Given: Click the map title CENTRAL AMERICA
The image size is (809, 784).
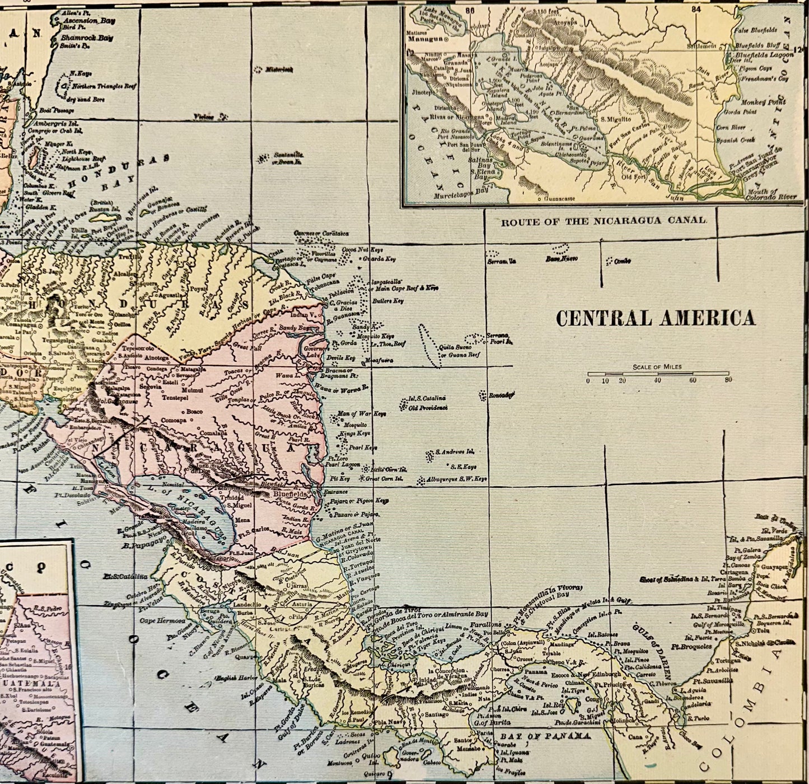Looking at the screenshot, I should pos(655,318).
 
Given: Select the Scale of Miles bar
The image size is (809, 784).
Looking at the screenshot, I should pos(658,373).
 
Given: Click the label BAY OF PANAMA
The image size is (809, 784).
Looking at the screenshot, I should pos(545,736).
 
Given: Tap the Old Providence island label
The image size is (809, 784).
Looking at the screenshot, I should pos(428,408).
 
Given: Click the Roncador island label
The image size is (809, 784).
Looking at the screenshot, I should pos(501,394).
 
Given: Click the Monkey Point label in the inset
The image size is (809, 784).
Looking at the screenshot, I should pos(764,102).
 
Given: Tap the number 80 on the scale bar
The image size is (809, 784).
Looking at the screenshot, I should pos(728,381).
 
